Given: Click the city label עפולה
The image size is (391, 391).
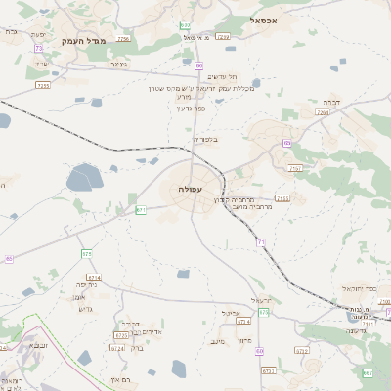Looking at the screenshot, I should (191, 188).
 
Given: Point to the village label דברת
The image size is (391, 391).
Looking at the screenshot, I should (329, 101).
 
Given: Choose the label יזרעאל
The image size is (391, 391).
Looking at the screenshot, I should (260, 299).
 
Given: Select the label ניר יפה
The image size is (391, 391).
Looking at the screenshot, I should (85, 285).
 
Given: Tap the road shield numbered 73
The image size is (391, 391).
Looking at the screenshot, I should (38, 48).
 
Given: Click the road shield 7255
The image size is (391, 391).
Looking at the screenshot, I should (43, 85).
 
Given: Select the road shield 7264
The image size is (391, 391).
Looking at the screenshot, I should (323, 113).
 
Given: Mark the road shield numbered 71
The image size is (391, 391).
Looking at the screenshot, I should (261, 240).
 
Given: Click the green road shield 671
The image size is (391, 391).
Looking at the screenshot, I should (141, 209).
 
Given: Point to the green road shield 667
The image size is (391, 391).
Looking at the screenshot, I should (367, 373).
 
